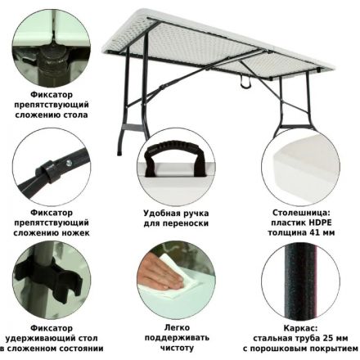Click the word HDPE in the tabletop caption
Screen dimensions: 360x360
click(320, 223)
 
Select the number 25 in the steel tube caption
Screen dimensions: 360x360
click(327, 339)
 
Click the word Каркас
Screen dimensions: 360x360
click(300, 328)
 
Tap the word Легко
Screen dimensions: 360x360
click(177, 327)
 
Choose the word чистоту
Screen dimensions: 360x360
click(177, 348)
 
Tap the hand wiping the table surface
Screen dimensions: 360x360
click(158, 272)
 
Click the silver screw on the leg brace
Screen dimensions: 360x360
click(69, 163)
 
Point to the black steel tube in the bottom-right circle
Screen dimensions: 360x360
click(301, 281)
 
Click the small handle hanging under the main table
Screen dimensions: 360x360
click(245, 83)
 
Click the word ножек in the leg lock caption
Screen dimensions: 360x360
click(79, 233)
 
